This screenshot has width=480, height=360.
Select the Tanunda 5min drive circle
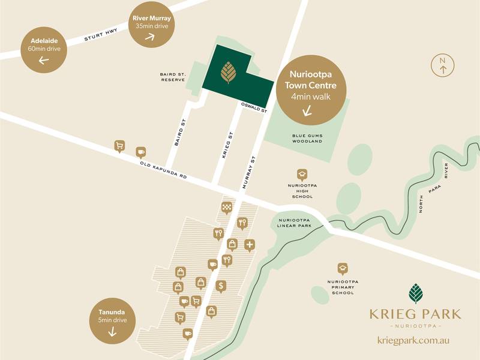coord(112,322)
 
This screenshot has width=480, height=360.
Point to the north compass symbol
coord(443,65)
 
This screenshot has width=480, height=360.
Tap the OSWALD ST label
coord(254,107)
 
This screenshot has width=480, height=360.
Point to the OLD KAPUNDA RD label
coord(164,170)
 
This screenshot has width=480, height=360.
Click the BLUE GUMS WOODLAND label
coord(307,139)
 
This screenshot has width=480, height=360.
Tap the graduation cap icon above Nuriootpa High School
coord(302,174)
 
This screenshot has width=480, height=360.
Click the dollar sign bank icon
coord(221,286)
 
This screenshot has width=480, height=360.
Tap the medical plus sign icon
coord(250,244)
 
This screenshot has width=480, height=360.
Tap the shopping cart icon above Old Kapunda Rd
coord(119,146)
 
